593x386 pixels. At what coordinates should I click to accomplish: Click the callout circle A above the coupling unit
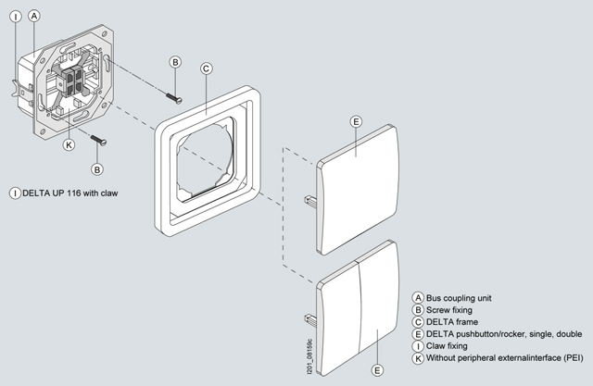[x=34, y=16]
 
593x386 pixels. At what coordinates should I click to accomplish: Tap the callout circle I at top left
[x=13, y=16]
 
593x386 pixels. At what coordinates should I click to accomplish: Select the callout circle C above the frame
[x=208, y=68]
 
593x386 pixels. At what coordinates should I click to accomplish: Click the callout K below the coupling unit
[x=69, y=144]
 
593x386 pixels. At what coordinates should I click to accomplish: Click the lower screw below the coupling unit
[x=99, y=140]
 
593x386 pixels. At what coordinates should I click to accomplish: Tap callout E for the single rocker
[x=356, y=122]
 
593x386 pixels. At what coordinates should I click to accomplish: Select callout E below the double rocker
[x=377, y=370]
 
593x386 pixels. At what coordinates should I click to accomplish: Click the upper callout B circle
[x=175, y=61]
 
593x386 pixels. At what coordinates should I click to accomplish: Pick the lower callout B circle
[x=97, y=169]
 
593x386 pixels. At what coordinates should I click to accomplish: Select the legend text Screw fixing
[x=452, y=309]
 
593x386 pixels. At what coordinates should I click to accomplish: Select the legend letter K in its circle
[x=419, y=357]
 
